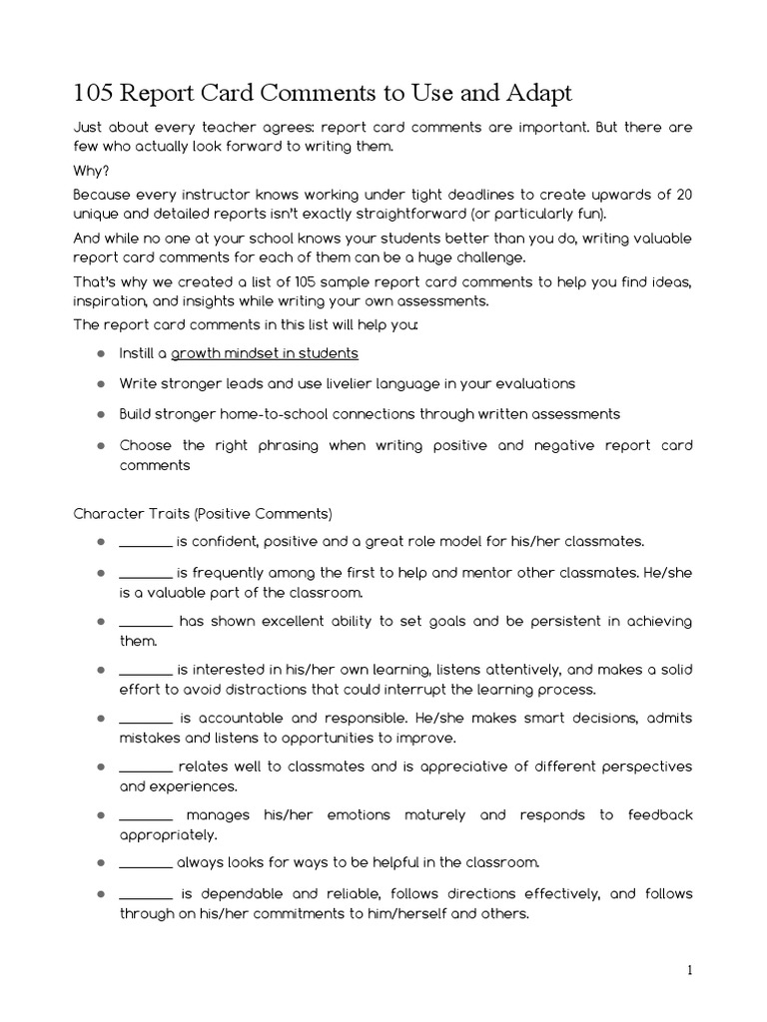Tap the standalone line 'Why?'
(91, 171)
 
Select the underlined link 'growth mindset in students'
(265, 353)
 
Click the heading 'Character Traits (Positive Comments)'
(203, 514)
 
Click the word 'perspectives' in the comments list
(639, 766)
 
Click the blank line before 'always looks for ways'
(146, 862)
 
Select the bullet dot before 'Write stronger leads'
(102, 383)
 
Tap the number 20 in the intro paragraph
(683, 194)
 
